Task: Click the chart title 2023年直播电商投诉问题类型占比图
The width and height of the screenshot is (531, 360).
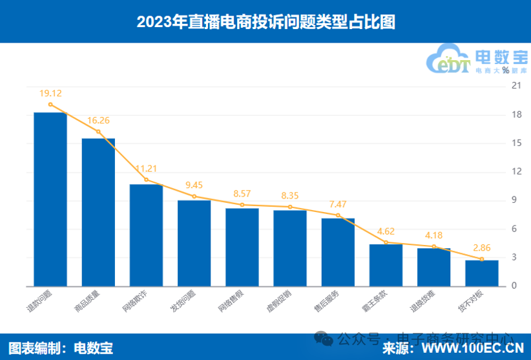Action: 265,23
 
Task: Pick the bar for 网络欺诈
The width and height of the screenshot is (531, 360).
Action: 146,235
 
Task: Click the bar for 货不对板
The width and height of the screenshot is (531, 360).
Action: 482,273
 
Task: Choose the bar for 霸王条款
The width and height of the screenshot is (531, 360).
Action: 386,265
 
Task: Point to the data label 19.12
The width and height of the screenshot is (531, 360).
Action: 50,93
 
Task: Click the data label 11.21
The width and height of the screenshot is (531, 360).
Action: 146,169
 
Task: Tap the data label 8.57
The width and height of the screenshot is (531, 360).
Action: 242,193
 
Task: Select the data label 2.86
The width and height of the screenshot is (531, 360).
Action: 482,248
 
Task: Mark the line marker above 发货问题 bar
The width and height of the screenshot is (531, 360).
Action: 194,196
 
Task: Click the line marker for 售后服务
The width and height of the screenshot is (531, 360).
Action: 338,215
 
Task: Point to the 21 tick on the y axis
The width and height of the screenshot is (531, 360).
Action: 516,86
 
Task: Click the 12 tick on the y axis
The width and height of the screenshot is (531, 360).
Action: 516,172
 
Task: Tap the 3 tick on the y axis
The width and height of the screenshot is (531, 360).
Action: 516,257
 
